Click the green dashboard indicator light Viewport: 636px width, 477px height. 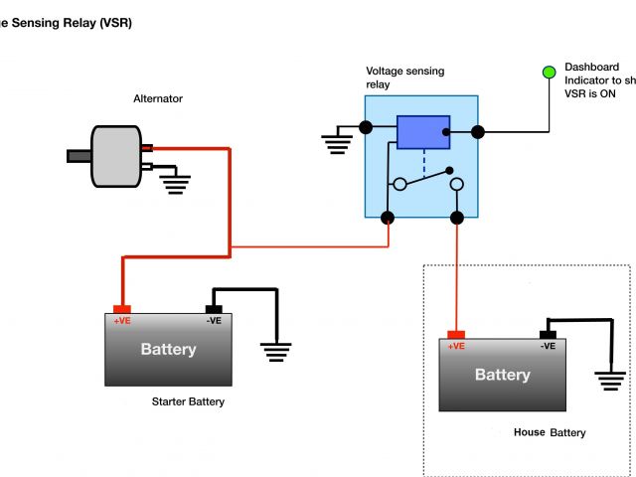549,73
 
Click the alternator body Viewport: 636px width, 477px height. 116,155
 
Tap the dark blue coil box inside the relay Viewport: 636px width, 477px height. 423,131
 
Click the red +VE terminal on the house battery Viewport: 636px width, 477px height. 456,334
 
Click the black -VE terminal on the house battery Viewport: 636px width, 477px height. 547,334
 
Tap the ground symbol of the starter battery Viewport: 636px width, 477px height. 275,350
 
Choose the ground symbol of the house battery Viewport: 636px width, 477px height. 608,378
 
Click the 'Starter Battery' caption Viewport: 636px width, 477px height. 188,402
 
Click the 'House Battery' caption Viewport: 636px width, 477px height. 550,433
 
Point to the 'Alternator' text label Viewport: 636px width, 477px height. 158,98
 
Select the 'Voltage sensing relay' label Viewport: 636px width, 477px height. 404,78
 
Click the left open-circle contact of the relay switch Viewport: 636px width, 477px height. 398,184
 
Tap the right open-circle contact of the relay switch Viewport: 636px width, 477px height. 457,185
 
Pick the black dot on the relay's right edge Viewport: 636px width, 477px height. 478,131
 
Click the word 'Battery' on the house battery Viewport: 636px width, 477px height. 502,375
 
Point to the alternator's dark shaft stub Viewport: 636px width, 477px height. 79,155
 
